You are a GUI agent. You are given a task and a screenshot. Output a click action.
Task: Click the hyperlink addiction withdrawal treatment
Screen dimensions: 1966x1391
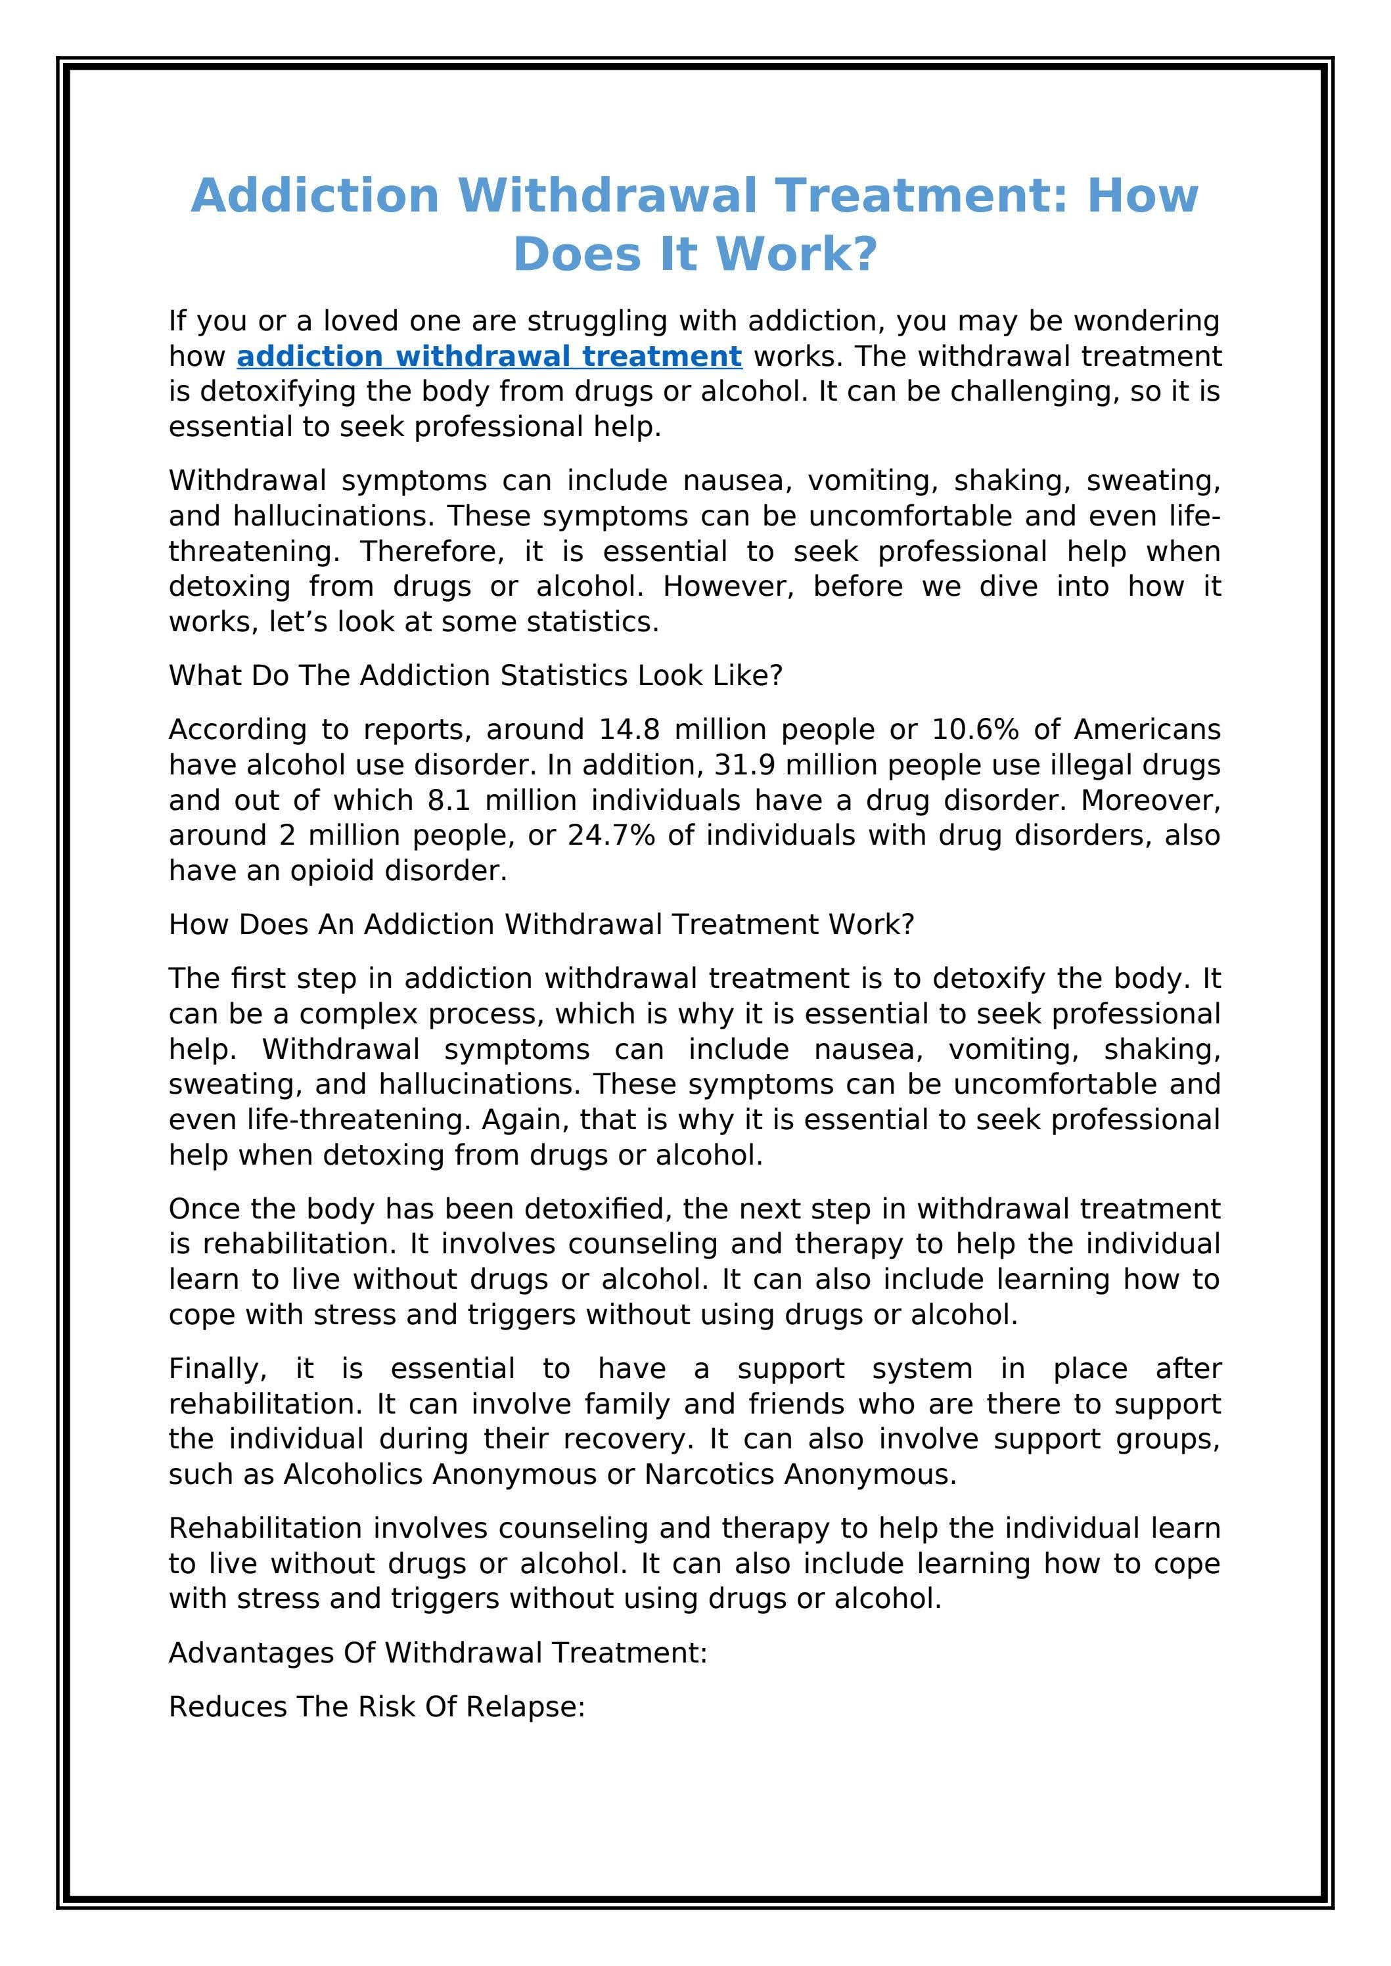[489, 355]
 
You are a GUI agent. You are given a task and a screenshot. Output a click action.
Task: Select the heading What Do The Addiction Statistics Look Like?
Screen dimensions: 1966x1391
[475, 676]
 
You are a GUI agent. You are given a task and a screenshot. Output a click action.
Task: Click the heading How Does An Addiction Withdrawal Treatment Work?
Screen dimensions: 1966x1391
[541, 924]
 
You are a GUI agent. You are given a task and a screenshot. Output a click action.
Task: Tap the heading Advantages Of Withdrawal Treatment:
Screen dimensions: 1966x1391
[438, 1652]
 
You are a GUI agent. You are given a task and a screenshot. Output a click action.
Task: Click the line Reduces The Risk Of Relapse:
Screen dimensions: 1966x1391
[377, 1706]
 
